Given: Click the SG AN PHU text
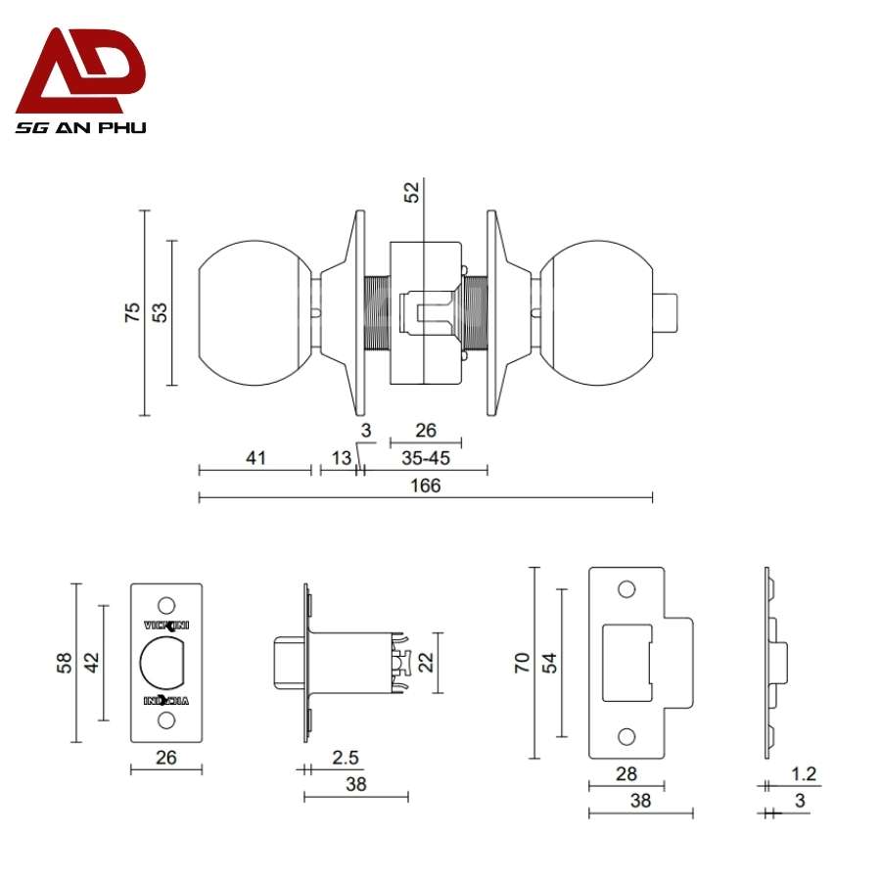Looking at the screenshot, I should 80,127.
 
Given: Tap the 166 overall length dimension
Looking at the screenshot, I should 426,486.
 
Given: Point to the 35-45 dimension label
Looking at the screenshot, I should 426,457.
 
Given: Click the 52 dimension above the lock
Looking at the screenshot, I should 412,192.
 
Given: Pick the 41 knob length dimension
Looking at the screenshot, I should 255,457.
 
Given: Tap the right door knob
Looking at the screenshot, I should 597,313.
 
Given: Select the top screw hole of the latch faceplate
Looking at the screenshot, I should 166,604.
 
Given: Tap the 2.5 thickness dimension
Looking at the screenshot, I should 344,757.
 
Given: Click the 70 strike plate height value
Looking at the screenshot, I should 522,663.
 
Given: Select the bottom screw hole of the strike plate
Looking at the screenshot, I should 626,735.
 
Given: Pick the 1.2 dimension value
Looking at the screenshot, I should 805,773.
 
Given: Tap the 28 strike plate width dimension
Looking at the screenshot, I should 626,773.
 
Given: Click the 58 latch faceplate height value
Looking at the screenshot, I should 63,663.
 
